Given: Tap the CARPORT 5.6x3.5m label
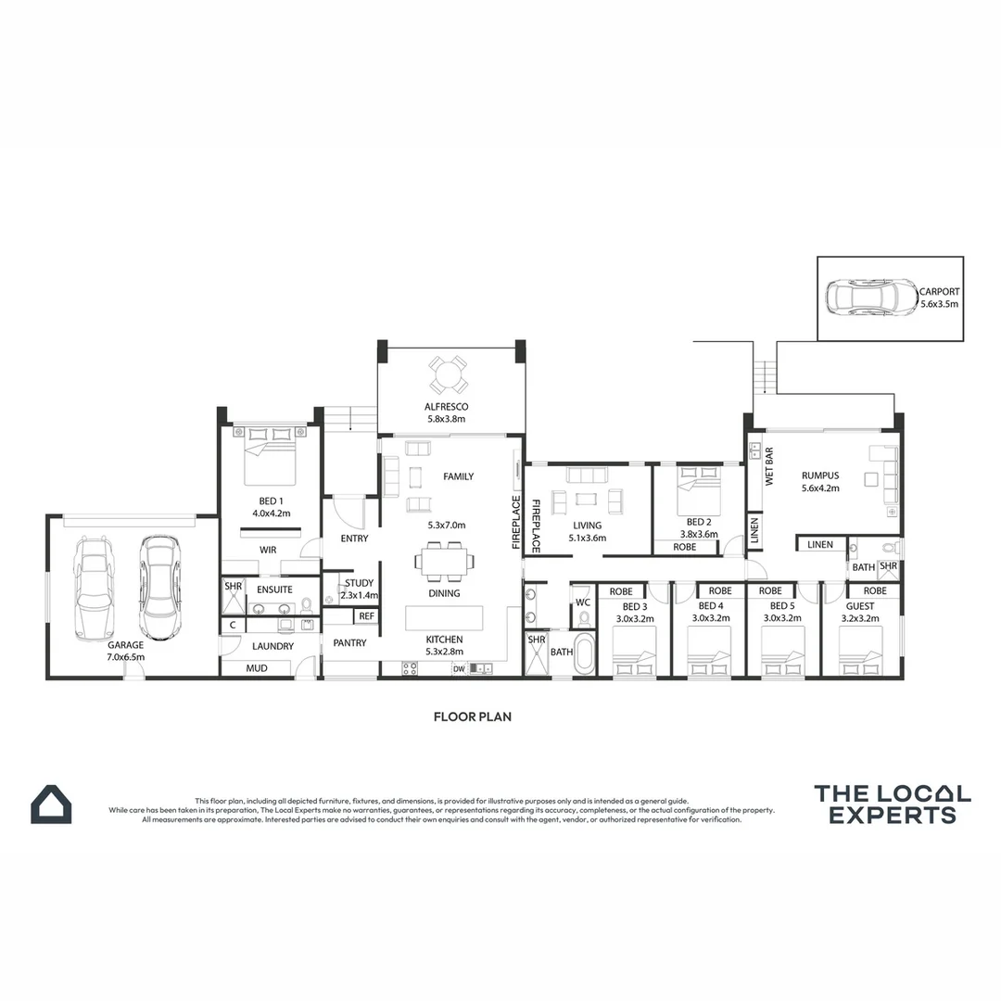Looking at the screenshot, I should click(x=939, y=297).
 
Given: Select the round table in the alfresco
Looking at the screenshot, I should click(x=447, y=375).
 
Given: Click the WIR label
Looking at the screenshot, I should click(x=268, y=550).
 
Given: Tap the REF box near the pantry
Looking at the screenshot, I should click(x=366, y=615).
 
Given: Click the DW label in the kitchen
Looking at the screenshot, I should click(x=458, y=668).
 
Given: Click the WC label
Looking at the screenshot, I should click(x=583, y=602).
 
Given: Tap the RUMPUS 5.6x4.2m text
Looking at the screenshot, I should click(x=819, y=482).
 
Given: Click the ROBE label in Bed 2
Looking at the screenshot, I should click(x=685, y=547).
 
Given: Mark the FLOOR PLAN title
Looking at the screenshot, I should click(x=473, y=716).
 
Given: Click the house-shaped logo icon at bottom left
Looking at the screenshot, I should click(x=50, y=805).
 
